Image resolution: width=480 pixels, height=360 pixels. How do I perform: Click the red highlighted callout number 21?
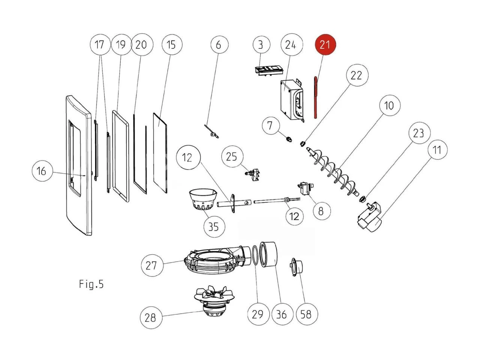(325, 45)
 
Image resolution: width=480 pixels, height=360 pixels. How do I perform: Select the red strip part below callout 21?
(316, 97)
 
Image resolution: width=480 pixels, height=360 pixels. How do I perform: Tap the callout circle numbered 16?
(42, 171)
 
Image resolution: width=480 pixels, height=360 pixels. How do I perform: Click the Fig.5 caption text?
(91, 284)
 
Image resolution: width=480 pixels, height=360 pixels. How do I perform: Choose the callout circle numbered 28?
(150, 318)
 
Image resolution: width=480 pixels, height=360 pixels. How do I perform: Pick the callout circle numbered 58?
(306, 314)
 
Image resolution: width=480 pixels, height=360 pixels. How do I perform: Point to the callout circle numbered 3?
(261, 45)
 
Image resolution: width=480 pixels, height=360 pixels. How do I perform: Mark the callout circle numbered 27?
(151, 265)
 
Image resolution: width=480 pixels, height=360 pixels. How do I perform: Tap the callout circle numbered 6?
(219, 45)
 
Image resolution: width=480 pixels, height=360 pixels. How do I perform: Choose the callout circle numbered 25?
(232, 156)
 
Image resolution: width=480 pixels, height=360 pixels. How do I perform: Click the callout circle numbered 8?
(321, 211)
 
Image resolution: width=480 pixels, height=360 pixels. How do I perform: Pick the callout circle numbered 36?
(282, 314)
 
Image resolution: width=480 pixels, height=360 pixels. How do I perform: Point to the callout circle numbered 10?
(389, 106)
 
